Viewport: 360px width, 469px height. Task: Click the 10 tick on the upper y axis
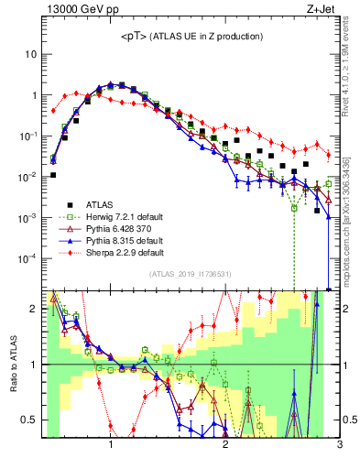(31, 54)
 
